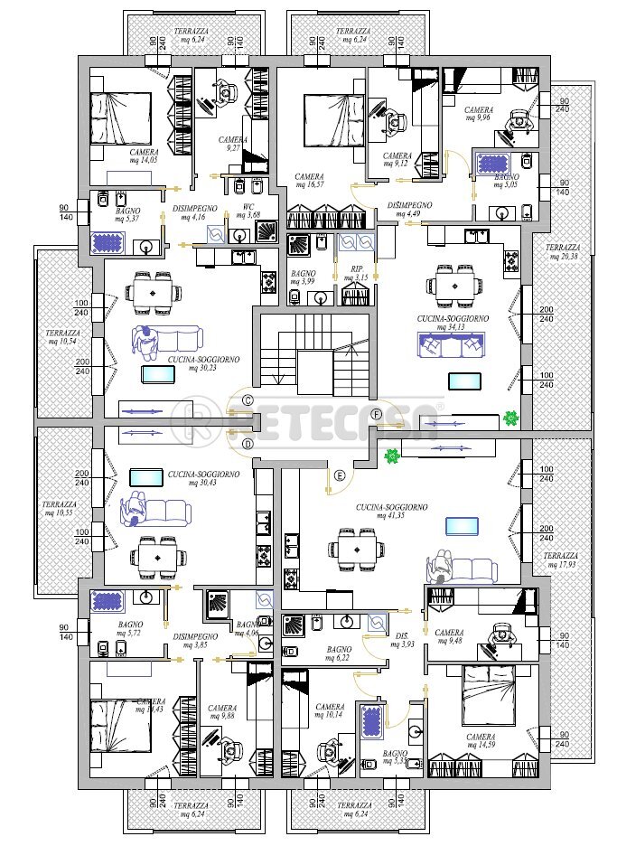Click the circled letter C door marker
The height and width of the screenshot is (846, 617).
click(247, 399)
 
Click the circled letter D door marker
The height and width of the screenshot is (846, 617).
click(247, 443)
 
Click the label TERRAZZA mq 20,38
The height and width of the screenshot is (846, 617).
click(565, 252)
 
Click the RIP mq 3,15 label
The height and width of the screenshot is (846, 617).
click(356, 273)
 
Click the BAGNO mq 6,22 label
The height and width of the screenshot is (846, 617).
click(340, 653)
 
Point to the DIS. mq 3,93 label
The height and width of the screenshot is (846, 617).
click(402, 641)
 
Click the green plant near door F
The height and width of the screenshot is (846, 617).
click(510, 418)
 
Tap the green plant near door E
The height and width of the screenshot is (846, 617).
click(391, 456)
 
